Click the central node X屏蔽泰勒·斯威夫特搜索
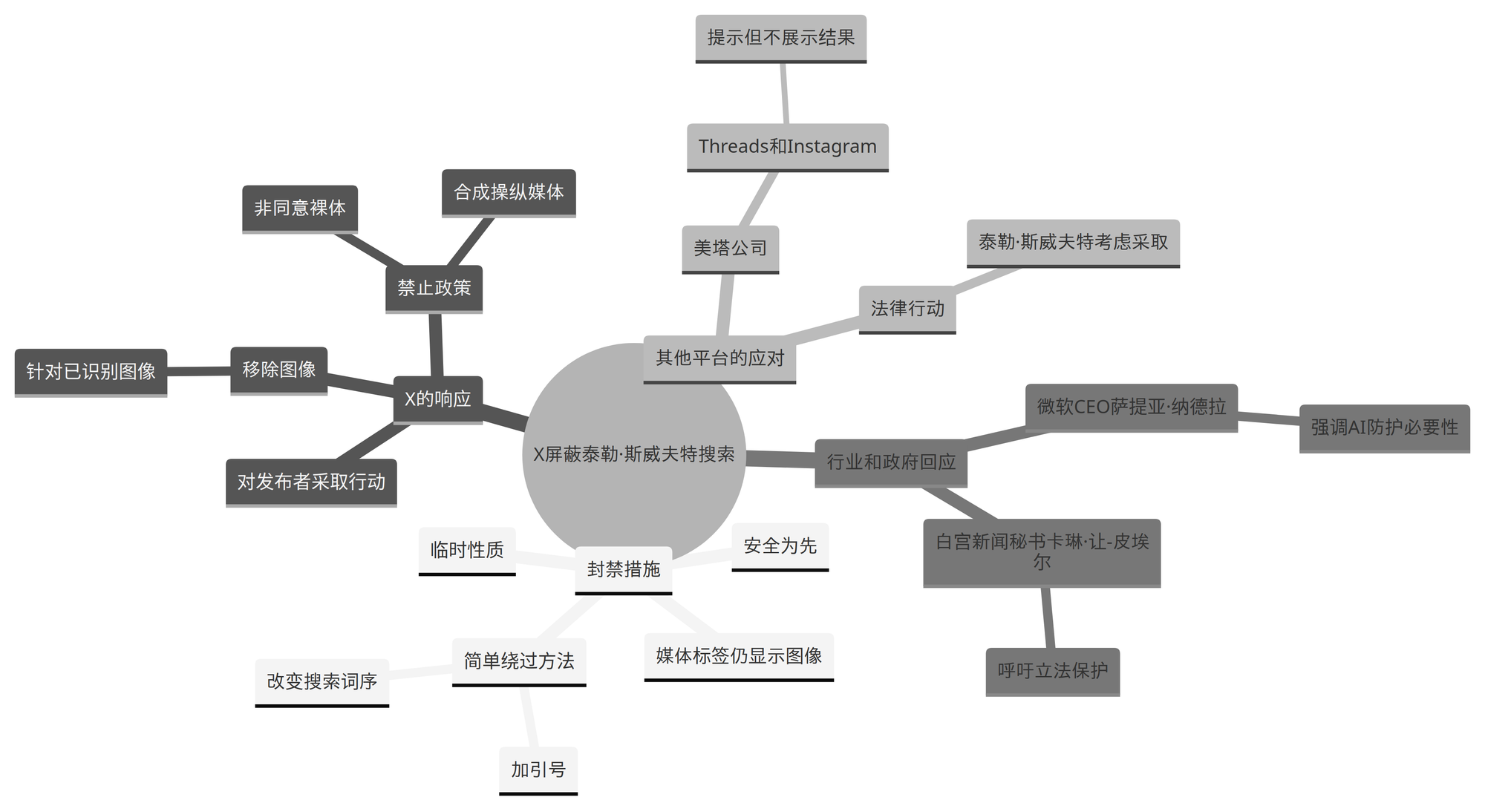tap(633, 454)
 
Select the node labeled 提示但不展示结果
tap(780, 38)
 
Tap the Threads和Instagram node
tap(787, 146)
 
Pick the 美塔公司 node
tap(730, 248)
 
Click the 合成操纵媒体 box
tap(509, 192)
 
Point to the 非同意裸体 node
tap(300, 208)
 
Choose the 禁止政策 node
tap(434, 288)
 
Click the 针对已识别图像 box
tap(91, 371)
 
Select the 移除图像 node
tap(278, 370)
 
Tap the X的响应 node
tap(437, 399)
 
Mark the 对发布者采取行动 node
tap(311, 482)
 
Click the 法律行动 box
tap(907, 308)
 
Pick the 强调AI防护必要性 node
tap(1384, 427)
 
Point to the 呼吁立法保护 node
tap(1052, 671)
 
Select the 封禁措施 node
tap(624, 569)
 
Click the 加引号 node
tap(538, 770)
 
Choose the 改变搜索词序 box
tap(322, 681)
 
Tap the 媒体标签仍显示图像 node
tap(739, 655)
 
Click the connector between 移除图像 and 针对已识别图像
tap(199, 370)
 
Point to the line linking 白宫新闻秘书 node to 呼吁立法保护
tap(1048, 617)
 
